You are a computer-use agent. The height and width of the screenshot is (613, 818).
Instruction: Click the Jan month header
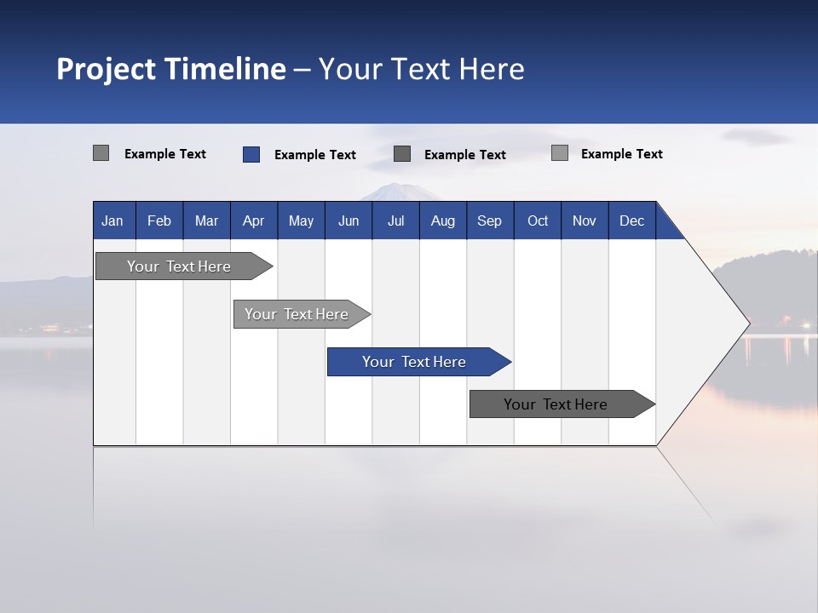112,221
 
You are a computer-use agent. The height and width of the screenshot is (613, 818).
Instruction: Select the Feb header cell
159,221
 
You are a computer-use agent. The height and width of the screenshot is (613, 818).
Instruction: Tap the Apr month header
253,221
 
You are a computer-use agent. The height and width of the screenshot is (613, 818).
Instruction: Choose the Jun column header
349,221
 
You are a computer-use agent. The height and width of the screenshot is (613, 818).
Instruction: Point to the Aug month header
443,221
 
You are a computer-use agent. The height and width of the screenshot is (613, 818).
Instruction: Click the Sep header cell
490,221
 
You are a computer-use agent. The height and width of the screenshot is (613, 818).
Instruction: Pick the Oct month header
538,221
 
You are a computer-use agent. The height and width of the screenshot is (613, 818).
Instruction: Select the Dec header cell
632,221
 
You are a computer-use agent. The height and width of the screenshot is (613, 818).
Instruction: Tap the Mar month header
206,221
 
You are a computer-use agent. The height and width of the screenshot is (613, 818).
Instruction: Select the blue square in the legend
251,154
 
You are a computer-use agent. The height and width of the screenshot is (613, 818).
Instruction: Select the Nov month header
585,221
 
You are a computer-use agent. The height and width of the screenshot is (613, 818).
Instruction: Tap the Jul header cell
396,221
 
